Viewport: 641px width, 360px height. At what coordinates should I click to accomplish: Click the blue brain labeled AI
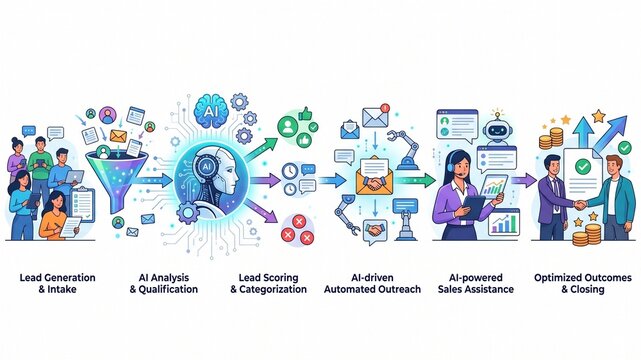210,110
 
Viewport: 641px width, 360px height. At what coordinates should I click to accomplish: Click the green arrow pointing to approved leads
262,149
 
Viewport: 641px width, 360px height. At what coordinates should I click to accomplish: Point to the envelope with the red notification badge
375,116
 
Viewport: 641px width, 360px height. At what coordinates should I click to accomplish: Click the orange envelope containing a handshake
374,175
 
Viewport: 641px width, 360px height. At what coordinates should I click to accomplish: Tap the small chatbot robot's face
497,131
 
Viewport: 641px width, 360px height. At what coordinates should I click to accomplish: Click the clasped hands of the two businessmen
580,205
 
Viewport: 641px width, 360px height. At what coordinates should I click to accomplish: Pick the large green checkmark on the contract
582,166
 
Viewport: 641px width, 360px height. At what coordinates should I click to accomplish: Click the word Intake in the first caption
62,289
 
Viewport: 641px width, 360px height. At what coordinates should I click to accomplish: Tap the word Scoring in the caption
280,278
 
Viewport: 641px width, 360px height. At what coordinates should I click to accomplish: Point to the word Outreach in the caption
399,289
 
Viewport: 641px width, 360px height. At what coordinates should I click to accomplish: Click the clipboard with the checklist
82,204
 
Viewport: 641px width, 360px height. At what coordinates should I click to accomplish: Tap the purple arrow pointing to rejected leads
261,210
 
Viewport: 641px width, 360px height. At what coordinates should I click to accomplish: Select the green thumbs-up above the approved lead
305,113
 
